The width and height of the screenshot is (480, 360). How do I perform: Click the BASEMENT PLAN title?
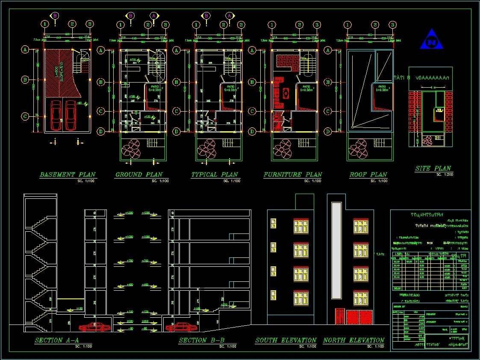pos(68,174)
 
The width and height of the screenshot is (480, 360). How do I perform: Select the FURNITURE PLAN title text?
pos(292,174)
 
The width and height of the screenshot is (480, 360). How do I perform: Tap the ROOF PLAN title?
pos(368,174)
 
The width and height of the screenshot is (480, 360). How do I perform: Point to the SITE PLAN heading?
pos(433,168)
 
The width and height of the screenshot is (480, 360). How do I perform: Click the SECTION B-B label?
pos(198,340)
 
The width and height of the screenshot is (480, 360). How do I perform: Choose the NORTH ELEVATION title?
pos(353,340)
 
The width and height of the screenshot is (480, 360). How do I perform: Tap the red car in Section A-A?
pos(94,328)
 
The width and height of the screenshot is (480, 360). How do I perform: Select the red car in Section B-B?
pos(182,328)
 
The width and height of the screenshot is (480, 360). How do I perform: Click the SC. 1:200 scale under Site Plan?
pos(445,174)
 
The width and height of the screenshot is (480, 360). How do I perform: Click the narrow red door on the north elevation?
pos(339,316)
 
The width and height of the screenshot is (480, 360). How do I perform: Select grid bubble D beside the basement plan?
pos(25,131)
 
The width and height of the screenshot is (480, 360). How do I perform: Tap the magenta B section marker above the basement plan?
pos(55,16)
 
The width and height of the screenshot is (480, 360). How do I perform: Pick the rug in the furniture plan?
pos(286,92)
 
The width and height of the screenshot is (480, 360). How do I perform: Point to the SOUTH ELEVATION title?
pos(286,340)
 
